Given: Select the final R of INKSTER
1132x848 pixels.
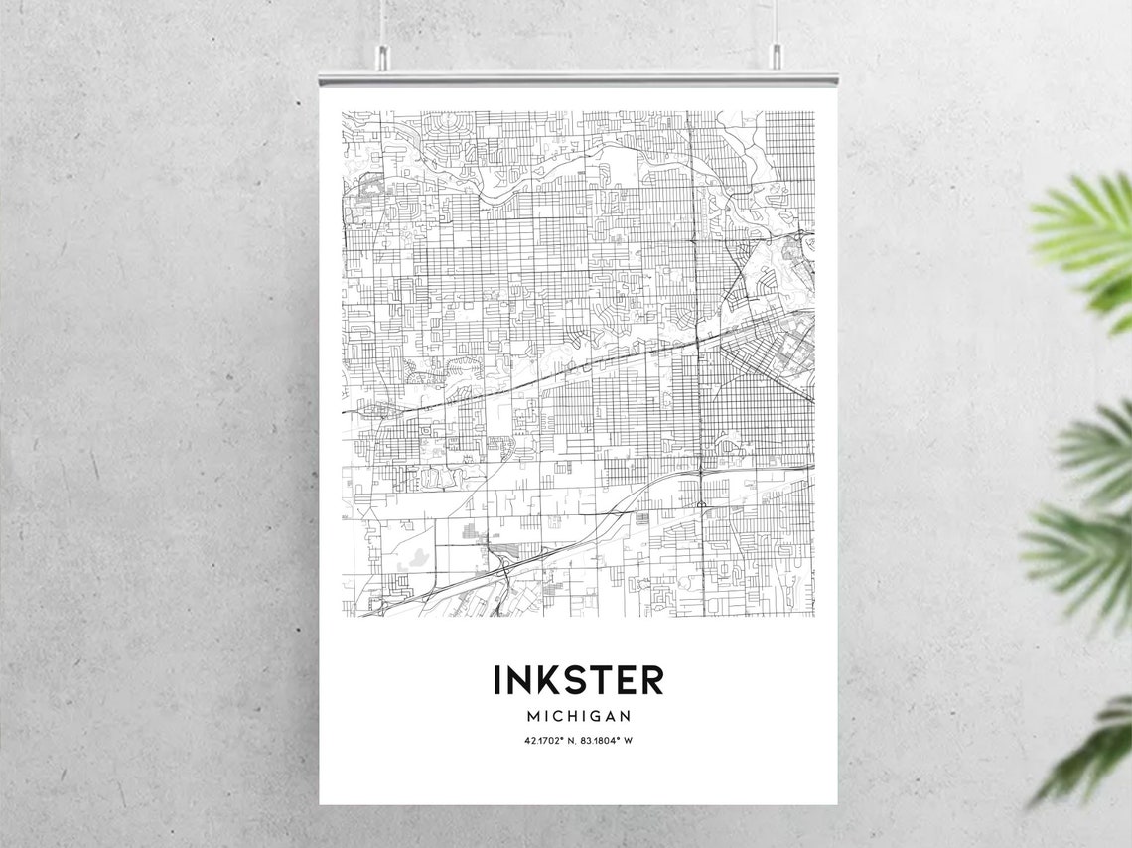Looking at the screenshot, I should point(651,680).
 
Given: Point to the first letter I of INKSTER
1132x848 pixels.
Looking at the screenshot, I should point(497,680).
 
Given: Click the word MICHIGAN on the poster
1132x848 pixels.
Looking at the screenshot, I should point(579,716).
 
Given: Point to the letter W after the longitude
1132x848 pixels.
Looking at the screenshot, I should point(629,741).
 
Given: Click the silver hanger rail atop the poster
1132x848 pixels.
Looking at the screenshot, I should point(578,77).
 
